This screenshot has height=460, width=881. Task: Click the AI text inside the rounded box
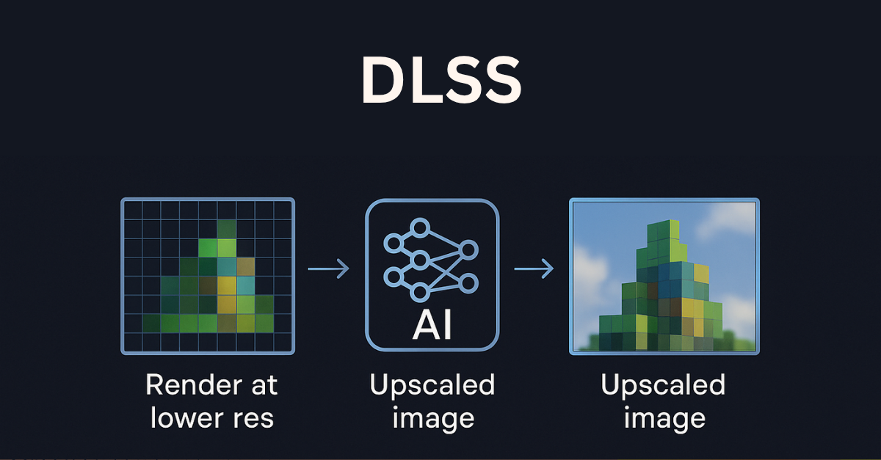tap(432, 326)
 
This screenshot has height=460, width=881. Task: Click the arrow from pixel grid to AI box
tap(328, 270)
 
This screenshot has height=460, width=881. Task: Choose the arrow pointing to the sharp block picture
tap(534, 270)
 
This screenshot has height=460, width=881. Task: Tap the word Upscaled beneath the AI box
tap(432, 384)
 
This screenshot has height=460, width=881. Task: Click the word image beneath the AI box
tap(432, 419)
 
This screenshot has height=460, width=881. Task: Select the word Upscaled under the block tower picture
tap(663, 384)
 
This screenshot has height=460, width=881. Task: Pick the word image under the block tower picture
tap(663, 419)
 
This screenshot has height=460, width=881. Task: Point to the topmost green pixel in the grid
tap(227, 228)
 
